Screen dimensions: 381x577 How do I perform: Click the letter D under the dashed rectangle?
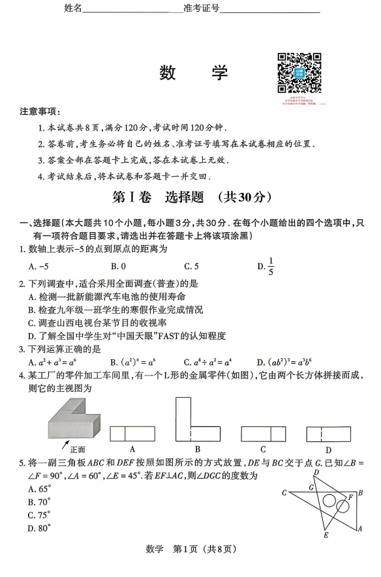point(329,449)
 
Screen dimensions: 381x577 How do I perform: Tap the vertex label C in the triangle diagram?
point(284,493)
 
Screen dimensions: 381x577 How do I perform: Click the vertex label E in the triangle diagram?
point(326,535)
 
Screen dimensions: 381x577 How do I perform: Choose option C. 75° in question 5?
point(40,514)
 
